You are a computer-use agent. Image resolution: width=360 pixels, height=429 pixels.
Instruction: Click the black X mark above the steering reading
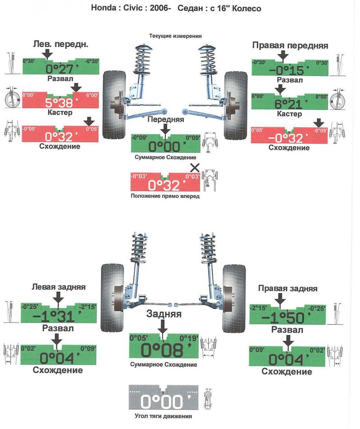tap(195, 168)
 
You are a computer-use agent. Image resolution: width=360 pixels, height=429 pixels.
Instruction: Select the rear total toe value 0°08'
tap(164, 350)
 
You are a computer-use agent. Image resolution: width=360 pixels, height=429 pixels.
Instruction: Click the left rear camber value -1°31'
tap(58, 316)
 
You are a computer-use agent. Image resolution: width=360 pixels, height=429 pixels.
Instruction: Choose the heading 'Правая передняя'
tap(290, 45)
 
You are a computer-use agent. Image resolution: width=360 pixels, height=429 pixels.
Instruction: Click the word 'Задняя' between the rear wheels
tap(163, 314)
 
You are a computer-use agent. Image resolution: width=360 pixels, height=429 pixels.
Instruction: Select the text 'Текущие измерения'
tap(175, 36)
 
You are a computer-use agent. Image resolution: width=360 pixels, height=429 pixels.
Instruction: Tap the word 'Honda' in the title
tap(105, 9)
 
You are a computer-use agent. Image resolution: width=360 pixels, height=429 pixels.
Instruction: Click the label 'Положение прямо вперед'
tap(164, 196)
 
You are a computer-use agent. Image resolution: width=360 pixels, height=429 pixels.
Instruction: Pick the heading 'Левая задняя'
tap(59, 287)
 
